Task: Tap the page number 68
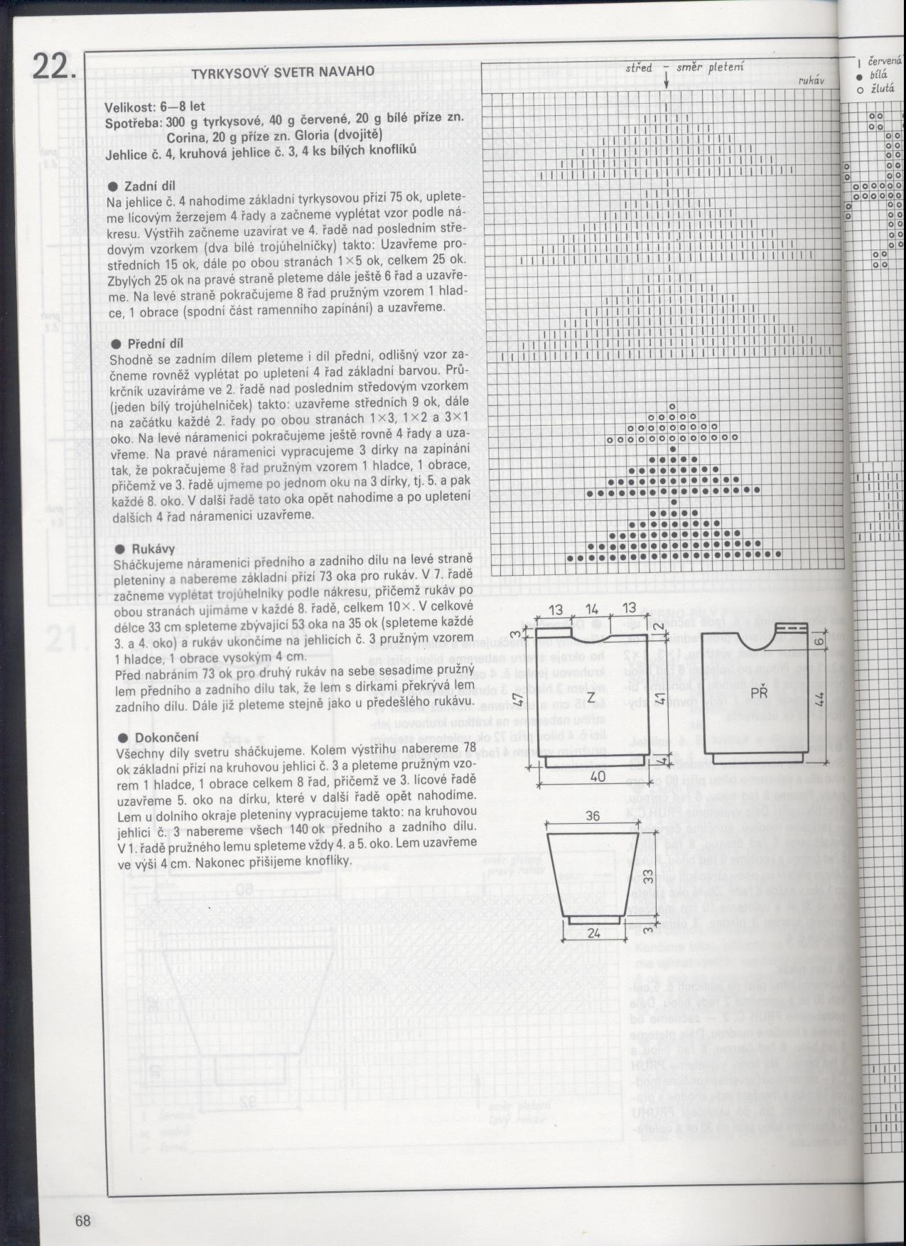click(83, 1221)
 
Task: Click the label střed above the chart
click(640, 68)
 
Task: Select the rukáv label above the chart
click(810, 81)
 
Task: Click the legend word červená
click(885, 62)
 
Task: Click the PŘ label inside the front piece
click(756, 690)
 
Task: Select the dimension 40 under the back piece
click(598, 777)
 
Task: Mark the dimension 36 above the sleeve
click(593, 817)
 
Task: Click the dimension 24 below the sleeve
click(595, 932)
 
